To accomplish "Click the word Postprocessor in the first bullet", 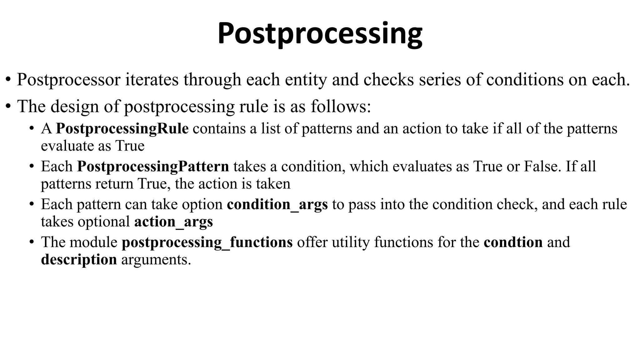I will pos(68,79).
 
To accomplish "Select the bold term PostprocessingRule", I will pos(122,129).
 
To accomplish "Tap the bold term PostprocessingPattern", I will pos(153,166).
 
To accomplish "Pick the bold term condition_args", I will pos(277,204).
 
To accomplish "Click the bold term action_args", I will pos(173,222).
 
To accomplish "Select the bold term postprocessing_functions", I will pos(207,242).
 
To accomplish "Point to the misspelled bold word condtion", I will pos(513,242).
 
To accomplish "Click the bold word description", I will pos(79,259).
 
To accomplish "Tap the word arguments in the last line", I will pos(156,260).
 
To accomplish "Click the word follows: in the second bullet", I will pos(341,106).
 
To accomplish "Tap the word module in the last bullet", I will pos(93,242).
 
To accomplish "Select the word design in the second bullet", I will pos(75,106).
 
